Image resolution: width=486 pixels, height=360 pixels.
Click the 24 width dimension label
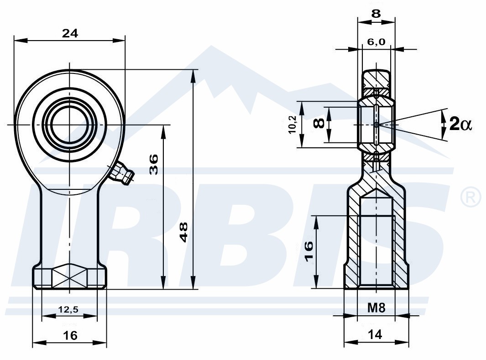[x=70, y=33]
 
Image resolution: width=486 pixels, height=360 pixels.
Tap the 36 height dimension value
[x=154, y=164]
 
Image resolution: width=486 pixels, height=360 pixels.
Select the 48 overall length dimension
[x=184, y=232]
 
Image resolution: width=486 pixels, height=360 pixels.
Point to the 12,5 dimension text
[x=68, y=309]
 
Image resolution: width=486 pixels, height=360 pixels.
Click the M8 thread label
[x=376, y=308]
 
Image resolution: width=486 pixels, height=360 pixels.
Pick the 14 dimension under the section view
[x=375, y=334]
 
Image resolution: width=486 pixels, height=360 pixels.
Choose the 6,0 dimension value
[x=376, y=42]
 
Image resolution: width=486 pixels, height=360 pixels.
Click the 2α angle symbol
[x=460, y=125]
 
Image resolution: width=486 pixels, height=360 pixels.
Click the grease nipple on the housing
[x=122, y=173]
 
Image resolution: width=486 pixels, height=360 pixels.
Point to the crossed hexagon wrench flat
[x=70, y=278]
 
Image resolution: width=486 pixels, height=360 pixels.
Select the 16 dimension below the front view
[x=70, y=335]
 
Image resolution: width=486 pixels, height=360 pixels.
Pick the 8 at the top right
[x=376, y=14]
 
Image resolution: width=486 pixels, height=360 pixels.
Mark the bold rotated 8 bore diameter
[x=319, y=123]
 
